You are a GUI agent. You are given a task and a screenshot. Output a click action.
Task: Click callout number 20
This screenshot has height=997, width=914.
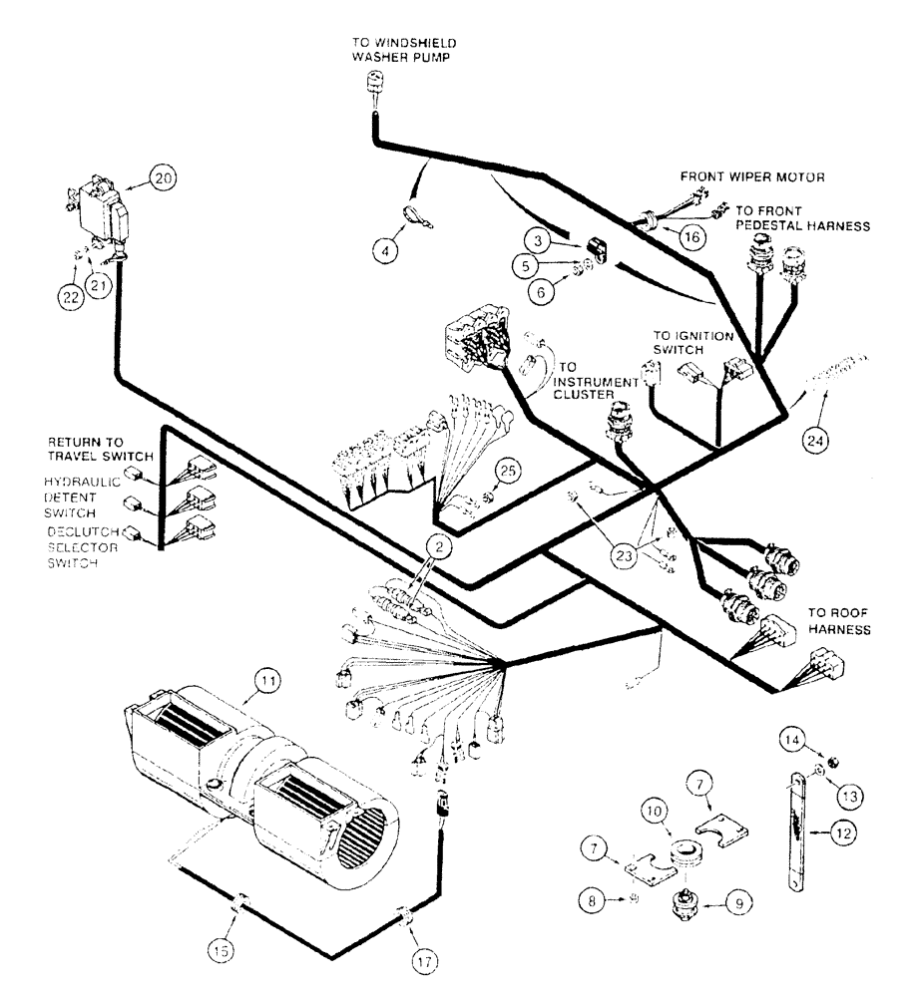(163, 178)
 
